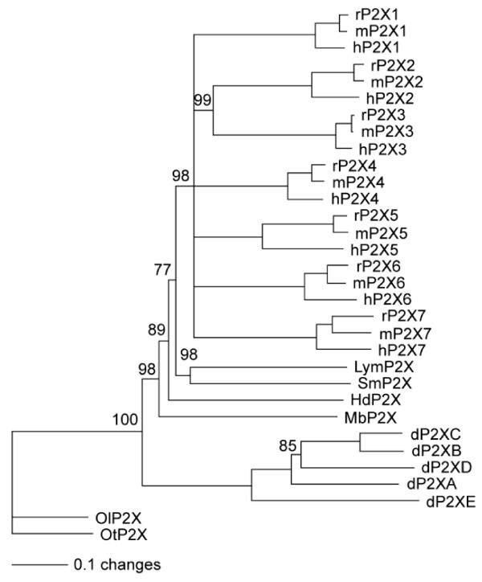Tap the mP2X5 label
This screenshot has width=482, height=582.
(382, 233)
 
